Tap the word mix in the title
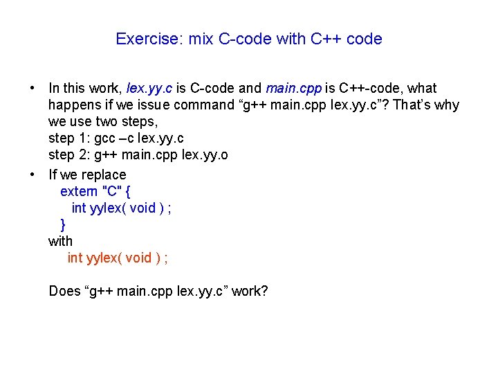[x=201, y=39]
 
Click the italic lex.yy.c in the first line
[x=150, y=89]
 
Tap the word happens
[x=73, y=105]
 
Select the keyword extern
[x=78, y=191]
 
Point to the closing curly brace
[x=63, y=224]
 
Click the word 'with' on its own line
[x=60, y=241]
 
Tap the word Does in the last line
[x=64, y=291]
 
